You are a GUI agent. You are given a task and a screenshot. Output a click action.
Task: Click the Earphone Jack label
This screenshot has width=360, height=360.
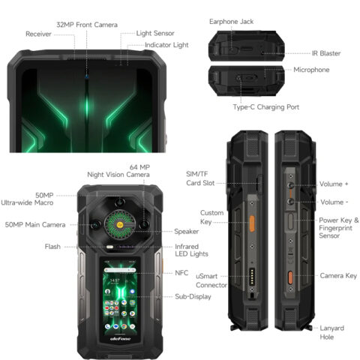(231, 22)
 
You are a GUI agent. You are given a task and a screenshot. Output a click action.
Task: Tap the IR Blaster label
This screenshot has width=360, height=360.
(326, 53)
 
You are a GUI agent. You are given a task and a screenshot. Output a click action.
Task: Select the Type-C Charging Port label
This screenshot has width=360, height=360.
(266, 107)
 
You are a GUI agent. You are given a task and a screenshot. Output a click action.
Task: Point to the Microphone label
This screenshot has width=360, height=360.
(311, 70)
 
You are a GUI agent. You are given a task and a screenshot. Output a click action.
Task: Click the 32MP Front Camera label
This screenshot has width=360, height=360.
(87, 25)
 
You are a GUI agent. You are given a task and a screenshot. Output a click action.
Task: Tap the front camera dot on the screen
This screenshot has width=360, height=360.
(86, 76)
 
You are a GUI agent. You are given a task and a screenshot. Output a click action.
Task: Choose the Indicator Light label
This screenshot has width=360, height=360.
(166, 45)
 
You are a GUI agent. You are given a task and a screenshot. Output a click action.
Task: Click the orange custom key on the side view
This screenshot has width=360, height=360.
(252, 223)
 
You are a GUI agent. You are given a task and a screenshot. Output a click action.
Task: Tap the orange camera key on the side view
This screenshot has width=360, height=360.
(290, 277)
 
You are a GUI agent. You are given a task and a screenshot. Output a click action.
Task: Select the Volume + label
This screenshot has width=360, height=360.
(334, 184)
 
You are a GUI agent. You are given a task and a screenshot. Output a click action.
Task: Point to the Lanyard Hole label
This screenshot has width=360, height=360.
(331, 332)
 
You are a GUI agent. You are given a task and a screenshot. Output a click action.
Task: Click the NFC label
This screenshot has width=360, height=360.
(181, 273)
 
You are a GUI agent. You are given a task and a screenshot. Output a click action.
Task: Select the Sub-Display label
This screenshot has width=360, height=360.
(193, 296)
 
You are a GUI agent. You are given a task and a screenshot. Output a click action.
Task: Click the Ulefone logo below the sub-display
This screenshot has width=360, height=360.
(120, 339)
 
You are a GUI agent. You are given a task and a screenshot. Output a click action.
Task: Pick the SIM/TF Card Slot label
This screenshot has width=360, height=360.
(200, 178)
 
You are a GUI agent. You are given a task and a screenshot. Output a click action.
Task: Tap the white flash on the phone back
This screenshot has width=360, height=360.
(109, 247)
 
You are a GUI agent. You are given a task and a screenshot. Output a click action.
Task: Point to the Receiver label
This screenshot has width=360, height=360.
(38, 34)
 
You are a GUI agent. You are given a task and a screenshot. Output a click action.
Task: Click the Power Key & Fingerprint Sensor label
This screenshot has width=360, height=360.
(339, 228)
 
